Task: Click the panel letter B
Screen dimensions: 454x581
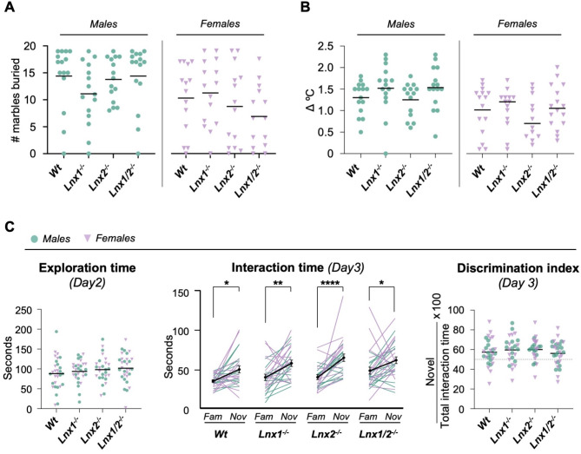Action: click(300, 9)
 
